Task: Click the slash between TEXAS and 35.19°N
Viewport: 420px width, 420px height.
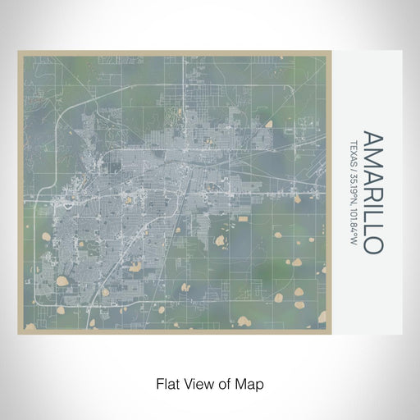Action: [x=354, y=162]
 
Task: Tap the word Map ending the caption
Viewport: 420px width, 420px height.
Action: [x=250, y=383]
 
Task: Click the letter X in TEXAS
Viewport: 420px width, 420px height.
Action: [x=354, y=145]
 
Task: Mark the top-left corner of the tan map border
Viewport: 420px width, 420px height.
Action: [x=18, y=53]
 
